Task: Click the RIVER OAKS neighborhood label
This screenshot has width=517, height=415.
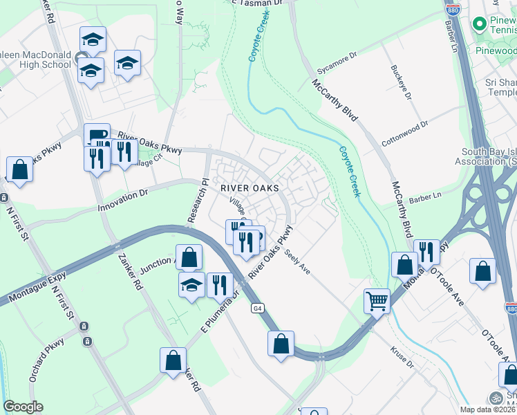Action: tap(250, 187)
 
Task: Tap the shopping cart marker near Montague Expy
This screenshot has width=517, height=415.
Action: tap(377, 301)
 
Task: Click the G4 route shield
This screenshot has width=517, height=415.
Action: tap(257, 308)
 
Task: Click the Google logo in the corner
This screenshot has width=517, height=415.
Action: tap(23, 407)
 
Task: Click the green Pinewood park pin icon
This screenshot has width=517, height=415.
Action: tap(478, 24)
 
